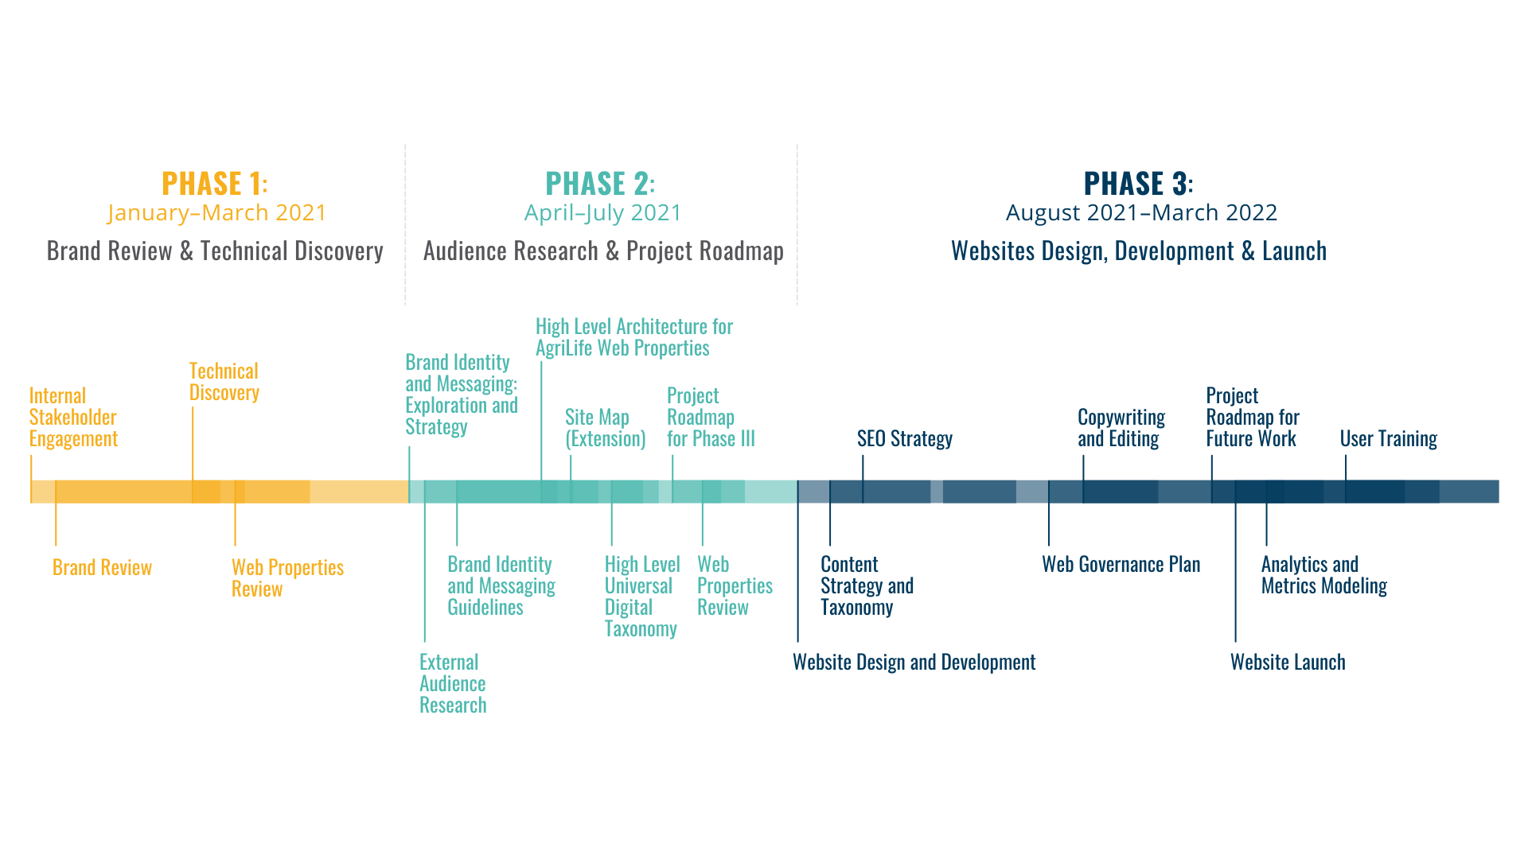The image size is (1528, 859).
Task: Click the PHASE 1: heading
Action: (214, 184)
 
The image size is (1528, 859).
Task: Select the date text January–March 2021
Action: (216, 213)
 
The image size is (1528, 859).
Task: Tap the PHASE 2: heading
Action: (600, 184)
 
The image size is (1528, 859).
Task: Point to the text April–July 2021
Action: (602, 213)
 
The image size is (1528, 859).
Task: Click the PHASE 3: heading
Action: (1138, 184)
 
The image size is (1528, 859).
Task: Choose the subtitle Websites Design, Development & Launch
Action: (1138, 251)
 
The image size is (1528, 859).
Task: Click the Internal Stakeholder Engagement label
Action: (73, 418)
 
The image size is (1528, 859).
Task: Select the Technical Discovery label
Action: (224, 382)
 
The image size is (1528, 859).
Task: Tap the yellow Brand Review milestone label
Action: (102, 567)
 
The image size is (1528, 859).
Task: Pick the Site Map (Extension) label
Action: (605, 428)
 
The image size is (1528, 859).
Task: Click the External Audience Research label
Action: (452, 684)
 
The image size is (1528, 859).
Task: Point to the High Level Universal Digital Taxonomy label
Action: (641, 597)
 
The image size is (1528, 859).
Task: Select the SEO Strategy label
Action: (904, 439)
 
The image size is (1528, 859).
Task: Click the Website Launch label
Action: (1287, 663)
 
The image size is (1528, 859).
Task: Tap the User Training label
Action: (1388, 439)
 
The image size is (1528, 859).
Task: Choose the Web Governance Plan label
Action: (1121, 565)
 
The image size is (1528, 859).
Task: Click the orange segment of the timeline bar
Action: (219, 492)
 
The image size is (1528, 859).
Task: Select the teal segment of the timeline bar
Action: (602, 492)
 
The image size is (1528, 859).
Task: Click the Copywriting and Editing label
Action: (1121, 428)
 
